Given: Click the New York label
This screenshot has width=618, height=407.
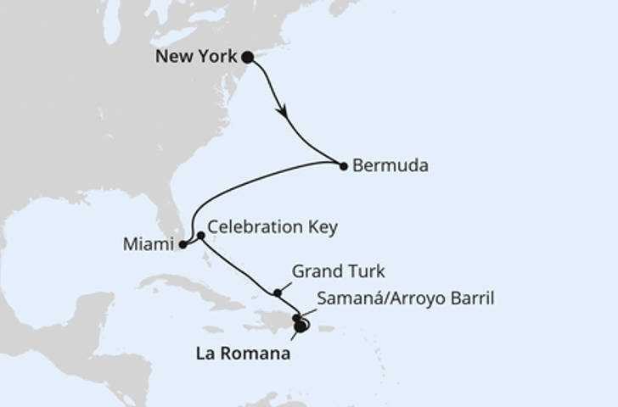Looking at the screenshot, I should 196,58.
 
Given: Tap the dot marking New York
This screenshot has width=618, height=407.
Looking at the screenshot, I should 247,58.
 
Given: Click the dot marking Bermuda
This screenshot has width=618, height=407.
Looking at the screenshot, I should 344,166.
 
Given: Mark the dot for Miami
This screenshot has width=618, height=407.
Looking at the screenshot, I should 183,245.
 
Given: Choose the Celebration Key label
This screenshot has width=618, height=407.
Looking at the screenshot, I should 272,227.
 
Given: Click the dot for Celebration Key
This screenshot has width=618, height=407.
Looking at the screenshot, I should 200,235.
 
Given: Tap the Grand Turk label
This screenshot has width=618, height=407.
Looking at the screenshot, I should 338,272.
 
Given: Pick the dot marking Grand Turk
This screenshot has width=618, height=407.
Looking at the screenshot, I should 278,293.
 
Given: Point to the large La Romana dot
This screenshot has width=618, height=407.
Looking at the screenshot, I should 301,327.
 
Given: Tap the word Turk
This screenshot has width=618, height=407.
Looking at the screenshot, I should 367,272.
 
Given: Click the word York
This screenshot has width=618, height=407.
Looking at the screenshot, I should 216,58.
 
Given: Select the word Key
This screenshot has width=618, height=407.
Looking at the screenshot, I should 323,227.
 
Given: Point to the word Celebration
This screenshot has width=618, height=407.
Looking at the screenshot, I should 256,227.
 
